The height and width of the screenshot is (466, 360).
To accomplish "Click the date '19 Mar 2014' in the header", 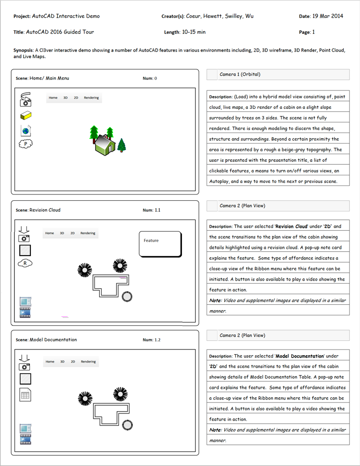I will coord(327,16).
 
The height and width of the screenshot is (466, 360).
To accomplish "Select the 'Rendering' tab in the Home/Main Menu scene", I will coord(91,98).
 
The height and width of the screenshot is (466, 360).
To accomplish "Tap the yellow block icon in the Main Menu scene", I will coord(26,116).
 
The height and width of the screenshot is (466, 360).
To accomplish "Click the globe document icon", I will coord(26,130).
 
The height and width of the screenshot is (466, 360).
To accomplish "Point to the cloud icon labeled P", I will coord(26,143).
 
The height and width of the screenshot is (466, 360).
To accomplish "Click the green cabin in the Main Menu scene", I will coord(104,144).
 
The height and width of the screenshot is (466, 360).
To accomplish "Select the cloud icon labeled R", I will coord(25,263).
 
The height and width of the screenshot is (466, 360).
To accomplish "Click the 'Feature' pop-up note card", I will coord(160,244).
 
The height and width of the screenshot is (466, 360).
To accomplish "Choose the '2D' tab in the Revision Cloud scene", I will coord(73,233).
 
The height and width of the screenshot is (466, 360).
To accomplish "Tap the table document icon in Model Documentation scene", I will coord(25,395).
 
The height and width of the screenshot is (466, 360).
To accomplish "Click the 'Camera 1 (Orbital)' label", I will coord(240,75).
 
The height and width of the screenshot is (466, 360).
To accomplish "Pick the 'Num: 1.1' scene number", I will coord(152,210).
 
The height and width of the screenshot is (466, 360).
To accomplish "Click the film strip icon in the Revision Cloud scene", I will coord(26,313).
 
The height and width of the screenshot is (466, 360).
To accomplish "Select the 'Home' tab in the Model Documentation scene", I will coord(50,362).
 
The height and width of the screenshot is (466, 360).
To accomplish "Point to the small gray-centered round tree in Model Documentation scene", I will coord(127,425).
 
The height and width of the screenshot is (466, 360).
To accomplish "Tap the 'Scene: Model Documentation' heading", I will coord(46,340).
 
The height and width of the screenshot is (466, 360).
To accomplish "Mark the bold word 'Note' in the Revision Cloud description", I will coord(215,300).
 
